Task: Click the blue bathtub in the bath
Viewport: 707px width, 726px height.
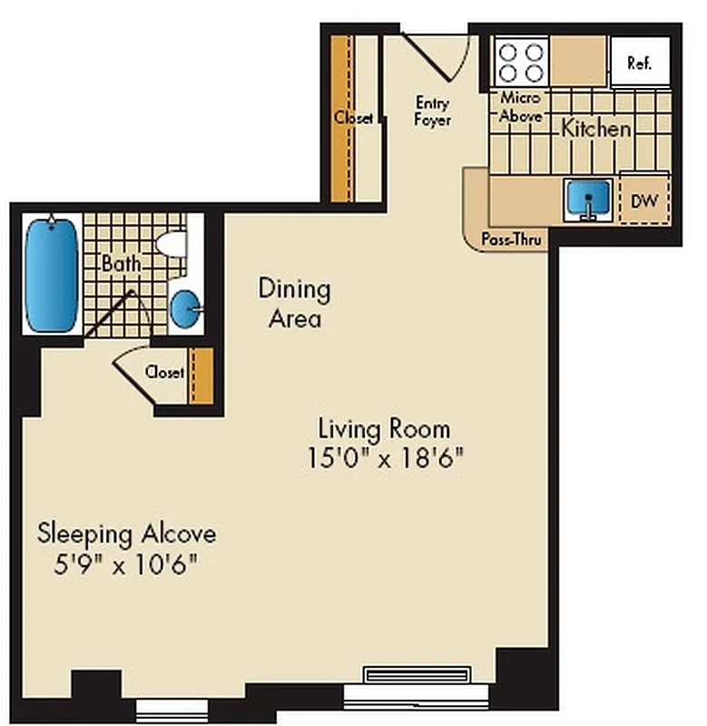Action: pyautogui.click(x=51, y=275)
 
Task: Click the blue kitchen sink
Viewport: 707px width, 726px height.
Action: pyautogui.click(x=586, y=199)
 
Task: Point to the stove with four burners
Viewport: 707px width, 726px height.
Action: pyautogui.click(x=521, y=62)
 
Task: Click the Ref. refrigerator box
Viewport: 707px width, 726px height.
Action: pyautogui.click(x=640, y=63)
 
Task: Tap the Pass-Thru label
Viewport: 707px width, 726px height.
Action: pyautogui.click(x=512, y=241)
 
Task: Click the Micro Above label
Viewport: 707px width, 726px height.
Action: pyautogui.click(x=521, y=107)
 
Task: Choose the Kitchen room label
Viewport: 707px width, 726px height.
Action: pyautogui.click(x=595, y=129)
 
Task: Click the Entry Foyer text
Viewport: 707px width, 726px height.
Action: pyautogui.click(x=433, y=112)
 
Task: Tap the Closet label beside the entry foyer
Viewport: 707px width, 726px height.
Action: pyautogui.click(x=353, y=118)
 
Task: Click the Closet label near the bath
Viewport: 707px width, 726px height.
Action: pyautogui.click(x=164, y=372)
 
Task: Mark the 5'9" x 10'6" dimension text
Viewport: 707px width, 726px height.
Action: pyautogui.click(x=125, y=564)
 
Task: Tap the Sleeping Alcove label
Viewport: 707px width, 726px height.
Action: pyautogui.click(x=126, y=534)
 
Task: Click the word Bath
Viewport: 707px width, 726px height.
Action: pyautogui.click(x=121, y=264)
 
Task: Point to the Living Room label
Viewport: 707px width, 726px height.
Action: pyautogui.click(x=383, y=427)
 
